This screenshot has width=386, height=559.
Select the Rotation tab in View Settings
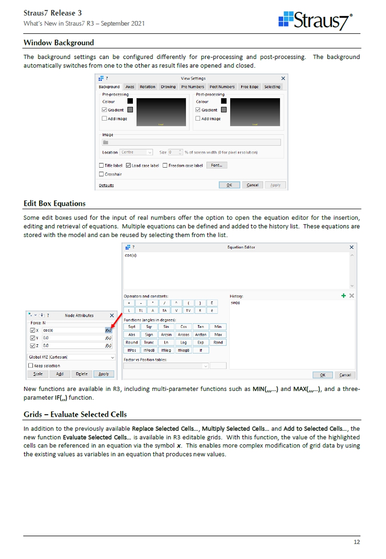pos(148,87)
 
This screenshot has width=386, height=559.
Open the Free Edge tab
pos(250,87)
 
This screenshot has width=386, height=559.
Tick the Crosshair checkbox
pos(102,174)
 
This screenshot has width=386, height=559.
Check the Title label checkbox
pos(102,165)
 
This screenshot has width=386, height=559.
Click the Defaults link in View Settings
pos(106,186)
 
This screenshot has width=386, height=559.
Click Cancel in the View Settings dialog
pos(252,185)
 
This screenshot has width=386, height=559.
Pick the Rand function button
pos(217,343)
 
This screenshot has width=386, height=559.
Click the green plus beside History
pos(343,296)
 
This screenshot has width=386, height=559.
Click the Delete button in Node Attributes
pos(82,374)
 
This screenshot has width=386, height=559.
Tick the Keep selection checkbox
pos(30,365)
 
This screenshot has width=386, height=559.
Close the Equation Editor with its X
pos(352,247)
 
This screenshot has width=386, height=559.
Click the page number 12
pos(356,542)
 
